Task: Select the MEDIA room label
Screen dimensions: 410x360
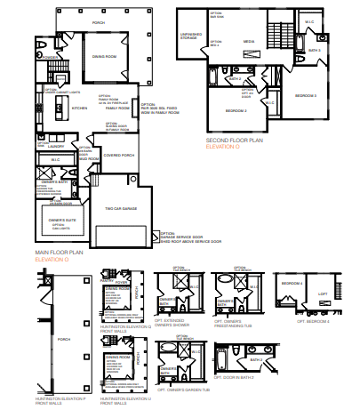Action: (250, 40)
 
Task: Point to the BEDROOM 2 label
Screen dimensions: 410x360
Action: (235, 111)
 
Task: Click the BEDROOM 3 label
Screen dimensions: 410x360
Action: (305, 94)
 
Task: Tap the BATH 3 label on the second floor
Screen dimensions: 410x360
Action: (314, 51)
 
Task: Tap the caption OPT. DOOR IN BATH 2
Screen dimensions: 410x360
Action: (245, 390)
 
